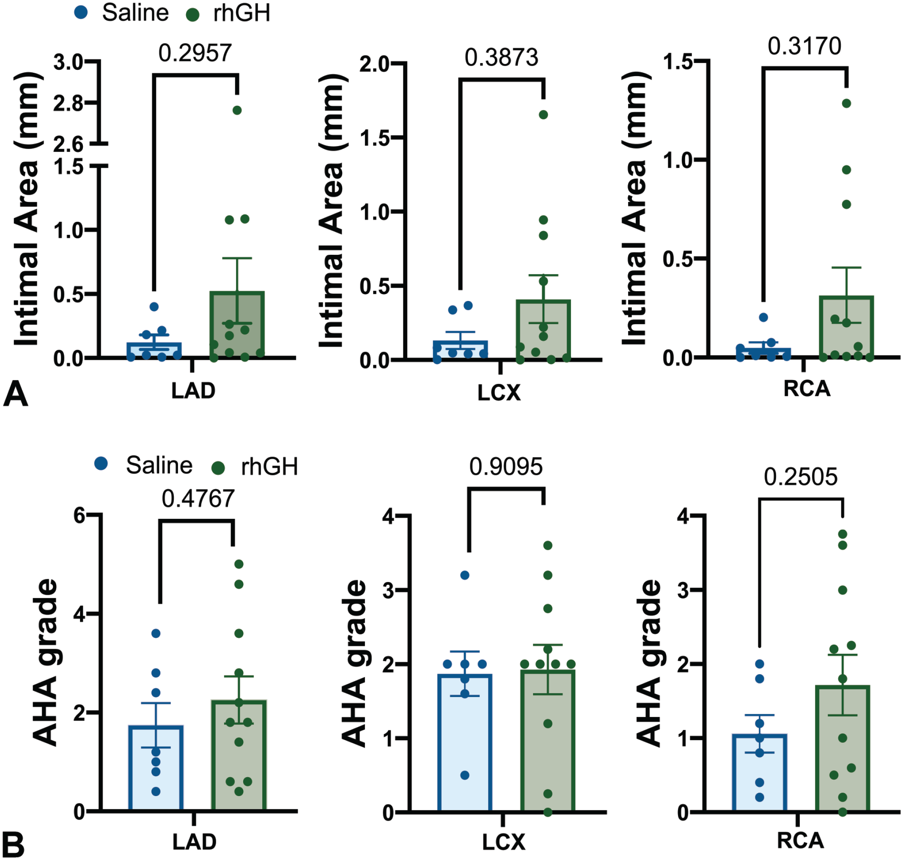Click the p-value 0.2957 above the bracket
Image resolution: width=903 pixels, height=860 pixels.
[195, 53]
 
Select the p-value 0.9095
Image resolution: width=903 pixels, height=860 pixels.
[506, 467]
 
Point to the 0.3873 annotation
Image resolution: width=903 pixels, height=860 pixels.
[501, 58]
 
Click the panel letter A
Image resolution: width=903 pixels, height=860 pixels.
[15, 394]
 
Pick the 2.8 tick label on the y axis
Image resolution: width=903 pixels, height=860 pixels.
[68, 104]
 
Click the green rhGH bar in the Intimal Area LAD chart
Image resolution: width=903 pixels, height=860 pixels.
[237, 325]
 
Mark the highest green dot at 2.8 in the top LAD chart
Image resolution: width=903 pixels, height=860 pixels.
[237, 110]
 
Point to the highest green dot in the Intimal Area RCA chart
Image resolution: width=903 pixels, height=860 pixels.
[846, 103]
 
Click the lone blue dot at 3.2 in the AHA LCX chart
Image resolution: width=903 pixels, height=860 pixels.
[464, 575]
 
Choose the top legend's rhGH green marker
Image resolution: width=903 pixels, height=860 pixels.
[193, 15]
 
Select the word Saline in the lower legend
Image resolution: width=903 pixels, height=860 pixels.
[159, 466]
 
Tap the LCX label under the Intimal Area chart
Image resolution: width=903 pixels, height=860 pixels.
[499, 393]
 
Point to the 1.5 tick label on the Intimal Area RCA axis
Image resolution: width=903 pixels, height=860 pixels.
[678, 62]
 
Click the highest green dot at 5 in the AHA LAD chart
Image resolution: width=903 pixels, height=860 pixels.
[239, 564]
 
